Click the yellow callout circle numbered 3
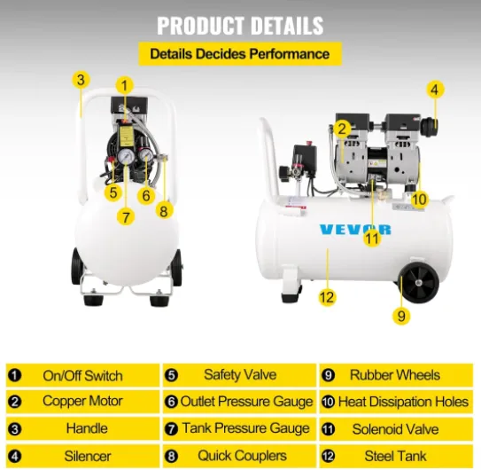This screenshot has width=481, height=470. click(x=81, y=80)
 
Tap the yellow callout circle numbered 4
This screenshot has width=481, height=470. click(x=435, y=90)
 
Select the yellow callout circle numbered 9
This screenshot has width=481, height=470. click(x=401, y=316)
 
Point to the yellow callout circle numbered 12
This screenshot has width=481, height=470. click(x=326, y=297)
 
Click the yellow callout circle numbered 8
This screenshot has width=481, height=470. click(x=164, y=211)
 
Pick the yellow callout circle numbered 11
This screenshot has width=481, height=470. click(x=372, y=239)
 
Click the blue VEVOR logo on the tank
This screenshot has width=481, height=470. click(x=355, y=230)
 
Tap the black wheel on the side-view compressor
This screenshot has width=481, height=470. click(x=420, y=283)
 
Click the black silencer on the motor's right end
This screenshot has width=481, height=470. click(x=429, y=126)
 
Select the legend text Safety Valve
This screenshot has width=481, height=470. click(x=240, y=375)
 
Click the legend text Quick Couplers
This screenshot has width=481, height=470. click(x=243, y=456)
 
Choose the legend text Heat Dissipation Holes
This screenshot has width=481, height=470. click(x=403, y=402)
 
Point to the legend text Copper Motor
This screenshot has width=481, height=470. click(x=82, y=401)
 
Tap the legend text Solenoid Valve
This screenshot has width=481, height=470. click(x=395, y=429)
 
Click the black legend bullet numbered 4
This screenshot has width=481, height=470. click(x=15, y=457)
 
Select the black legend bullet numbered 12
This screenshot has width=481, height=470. click(x=328, y=456)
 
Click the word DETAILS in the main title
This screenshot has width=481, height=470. click(x=287, y=26)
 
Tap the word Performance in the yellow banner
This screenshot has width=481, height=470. click(x=290, y=54)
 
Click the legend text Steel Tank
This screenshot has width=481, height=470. click(x=395, y=456)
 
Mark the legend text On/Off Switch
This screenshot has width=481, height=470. click(x=83, y=376)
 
